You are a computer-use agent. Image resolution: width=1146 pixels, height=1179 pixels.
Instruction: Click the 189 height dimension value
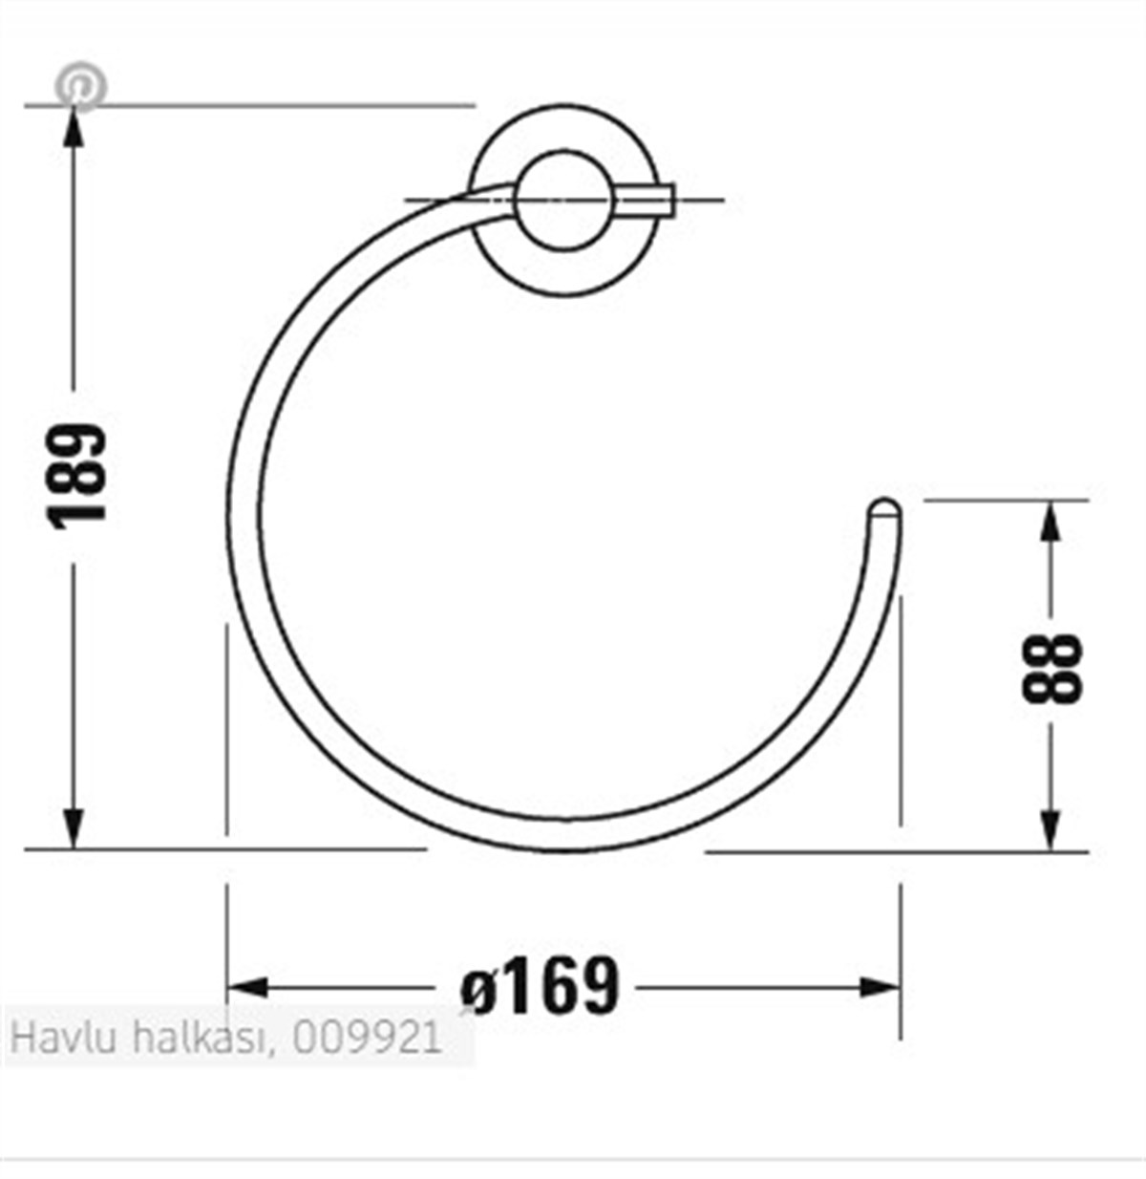tap(77, 476)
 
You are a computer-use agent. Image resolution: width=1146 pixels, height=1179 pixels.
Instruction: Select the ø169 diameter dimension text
tap(541, 986)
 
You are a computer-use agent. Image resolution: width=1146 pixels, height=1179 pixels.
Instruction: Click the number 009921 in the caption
tap(369, 1038)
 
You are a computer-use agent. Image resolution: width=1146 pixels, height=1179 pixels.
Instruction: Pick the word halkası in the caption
tap(202, 1038)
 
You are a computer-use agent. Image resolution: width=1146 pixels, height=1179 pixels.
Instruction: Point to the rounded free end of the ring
tap(883, 509)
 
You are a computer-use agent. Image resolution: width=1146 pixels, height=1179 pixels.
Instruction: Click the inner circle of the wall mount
tap(562, 201)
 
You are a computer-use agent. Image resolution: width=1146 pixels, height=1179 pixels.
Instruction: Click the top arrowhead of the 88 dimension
tap(1050, 522)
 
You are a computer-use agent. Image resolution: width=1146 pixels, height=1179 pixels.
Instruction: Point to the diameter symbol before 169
tap(478, 990)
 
